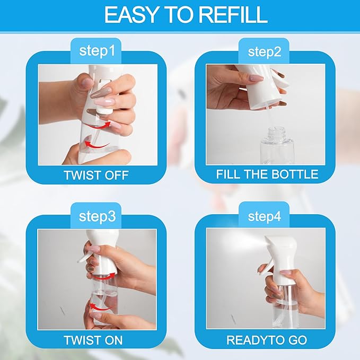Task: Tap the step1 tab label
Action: coord(97,51)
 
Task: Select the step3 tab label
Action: coord(97,217)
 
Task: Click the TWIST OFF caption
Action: coord(96,174)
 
